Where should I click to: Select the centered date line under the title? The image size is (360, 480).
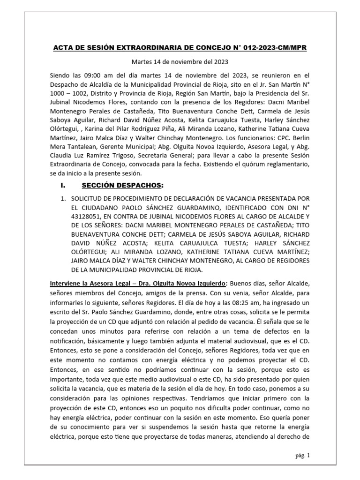click(180, 61)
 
